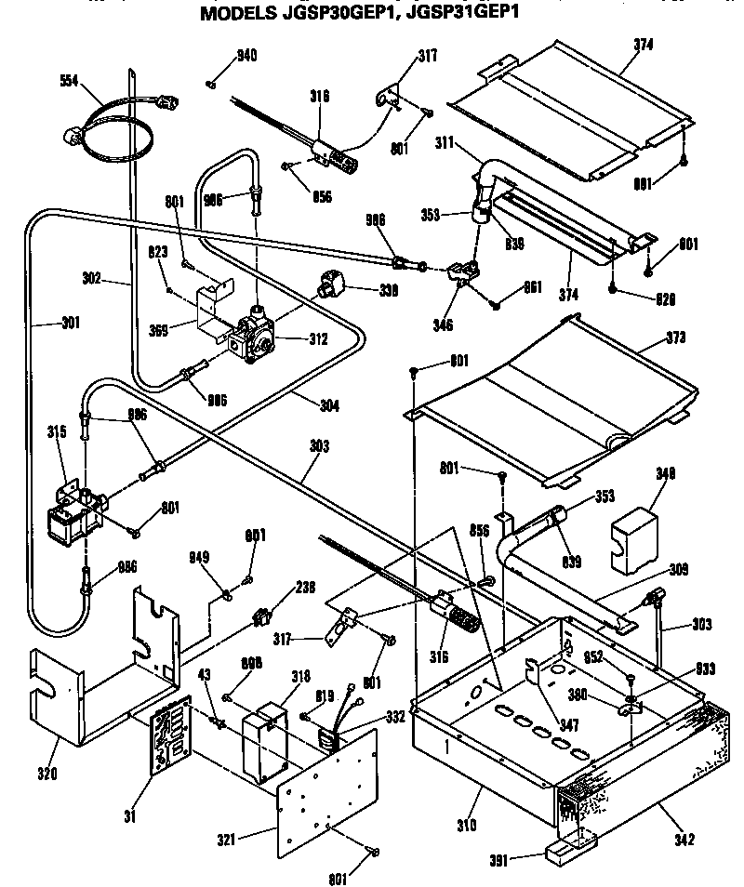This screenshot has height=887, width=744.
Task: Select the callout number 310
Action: pyautogui.click(x=467, y=824)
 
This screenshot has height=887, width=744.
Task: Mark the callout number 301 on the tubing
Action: pyautogui.click(x=44, y=324)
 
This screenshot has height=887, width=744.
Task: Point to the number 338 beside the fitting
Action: pyautogui.click(x=386, y=290)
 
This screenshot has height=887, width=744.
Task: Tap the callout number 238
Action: pyautogui.click(x=304, y=588)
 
